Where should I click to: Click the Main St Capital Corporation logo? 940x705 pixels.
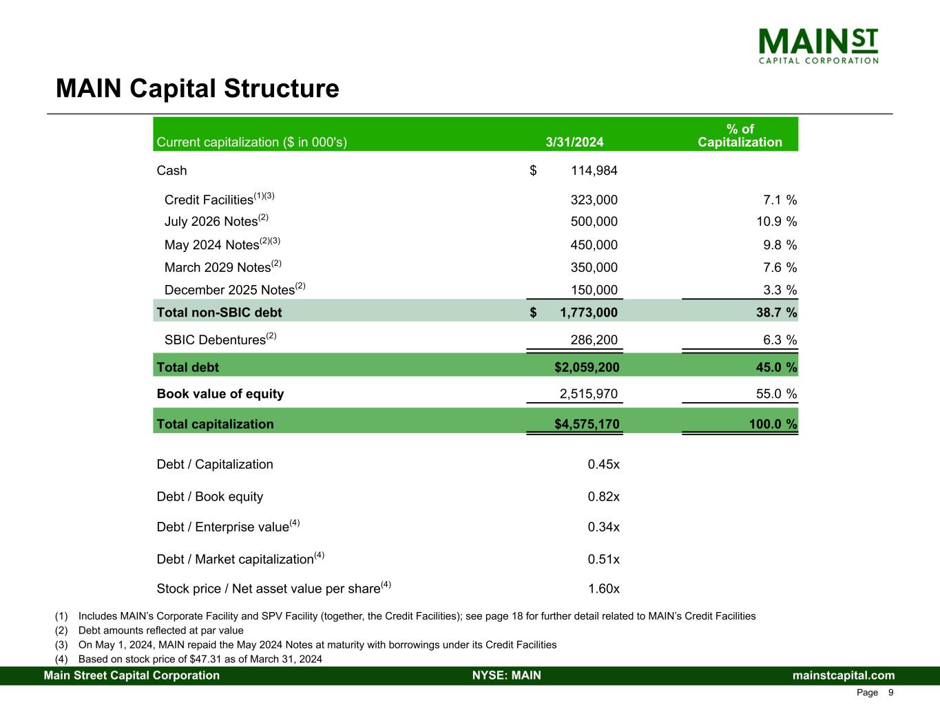pos(818,46)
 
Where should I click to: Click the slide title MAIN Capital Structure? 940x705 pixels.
pos(198,89)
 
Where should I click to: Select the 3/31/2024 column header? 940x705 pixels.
pos(574,142)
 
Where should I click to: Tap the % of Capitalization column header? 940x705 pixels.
pos(740,135)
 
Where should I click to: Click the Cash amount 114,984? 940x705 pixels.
pos(594,170)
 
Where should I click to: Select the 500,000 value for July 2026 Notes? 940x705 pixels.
pos(594,221)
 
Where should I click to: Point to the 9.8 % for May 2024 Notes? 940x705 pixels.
pos(780,245)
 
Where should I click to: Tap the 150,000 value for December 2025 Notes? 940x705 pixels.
pos(594,290)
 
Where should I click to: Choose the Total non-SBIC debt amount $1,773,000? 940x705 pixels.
pos(574,313)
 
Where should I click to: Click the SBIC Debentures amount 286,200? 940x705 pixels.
pos(594,340)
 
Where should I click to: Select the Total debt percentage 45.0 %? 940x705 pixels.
pos(776,367)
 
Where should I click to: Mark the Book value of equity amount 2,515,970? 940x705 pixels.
pos(588,394)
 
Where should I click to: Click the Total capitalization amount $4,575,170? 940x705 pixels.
pos(587,424)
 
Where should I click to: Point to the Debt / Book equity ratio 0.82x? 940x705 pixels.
pos(603,496)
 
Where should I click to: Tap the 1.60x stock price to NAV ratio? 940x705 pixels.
pos(604,589)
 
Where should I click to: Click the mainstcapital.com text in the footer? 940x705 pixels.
pos(844,675)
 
